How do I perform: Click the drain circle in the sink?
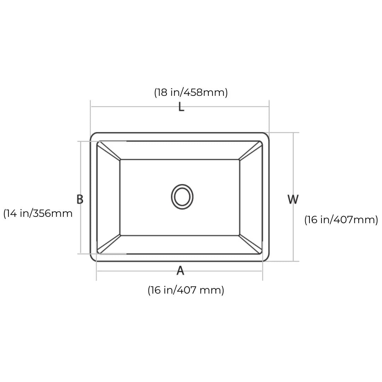pyautogui.click(x=182, y=197)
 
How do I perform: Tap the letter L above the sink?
pyautogui.click(x=181, y=106)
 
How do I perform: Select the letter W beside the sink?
pyautogui.click(x=293, y=199)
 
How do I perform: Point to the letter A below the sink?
pyautogui.click(x=180, y=271)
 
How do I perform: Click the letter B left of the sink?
pyautogui.click(x=80, y=199)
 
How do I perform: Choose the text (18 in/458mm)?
pyautogui.click(x=191, y=92)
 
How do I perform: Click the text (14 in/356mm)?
pyautogui.click(x=38, y=214)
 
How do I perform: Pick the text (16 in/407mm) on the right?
pyautogui.click(x=341, y=220)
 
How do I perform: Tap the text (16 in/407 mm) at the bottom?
pyautogui.click(x=186, y=290)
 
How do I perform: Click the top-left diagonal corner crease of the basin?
pyautogui.click(x=109, y=151)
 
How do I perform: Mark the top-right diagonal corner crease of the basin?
pyautogui.click(x=250, y=151)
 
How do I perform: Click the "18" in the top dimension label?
pyautogui.click(x=162, y=92)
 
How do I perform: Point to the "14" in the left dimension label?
pyautogui.click(x=12, y=214)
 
